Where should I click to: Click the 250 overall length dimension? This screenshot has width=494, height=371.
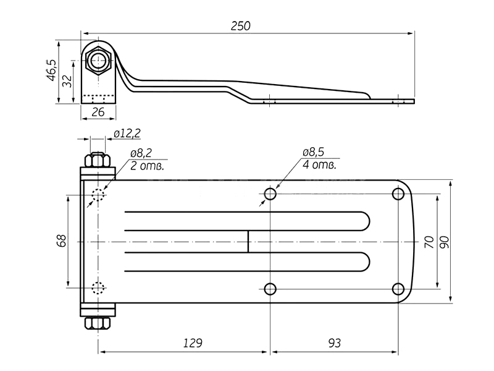point(241,25)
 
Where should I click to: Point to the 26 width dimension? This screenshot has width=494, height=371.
point(98,112)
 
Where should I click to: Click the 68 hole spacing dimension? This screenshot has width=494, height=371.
point(61,241)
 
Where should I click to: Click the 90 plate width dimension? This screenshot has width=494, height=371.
point(444,241)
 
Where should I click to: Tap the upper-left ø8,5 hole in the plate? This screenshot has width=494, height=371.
point(270,195)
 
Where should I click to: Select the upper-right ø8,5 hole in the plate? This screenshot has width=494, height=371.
point(398,195)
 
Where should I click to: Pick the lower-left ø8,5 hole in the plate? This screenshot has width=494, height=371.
point(270,288)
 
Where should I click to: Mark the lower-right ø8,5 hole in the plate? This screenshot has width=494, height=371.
point(398,288)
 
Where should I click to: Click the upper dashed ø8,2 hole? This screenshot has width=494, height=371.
point(98,195)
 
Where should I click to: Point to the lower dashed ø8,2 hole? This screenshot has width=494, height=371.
point(98,288)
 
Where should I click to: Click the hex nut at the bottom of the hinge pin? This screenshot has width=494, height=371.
point(98,325)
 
